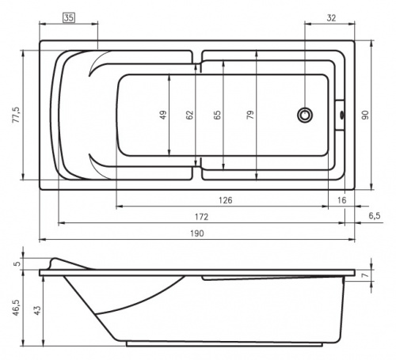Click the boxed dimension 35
69,18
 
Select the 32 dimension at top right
331,18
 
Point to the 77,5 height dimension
17,115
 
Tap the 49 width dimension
163,115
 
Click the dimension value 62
189,115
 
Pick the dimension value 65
217,115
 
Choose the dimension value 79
250,115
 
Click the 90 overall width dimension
365,116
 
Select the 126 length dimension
226,200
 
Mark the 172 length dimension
201,217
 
